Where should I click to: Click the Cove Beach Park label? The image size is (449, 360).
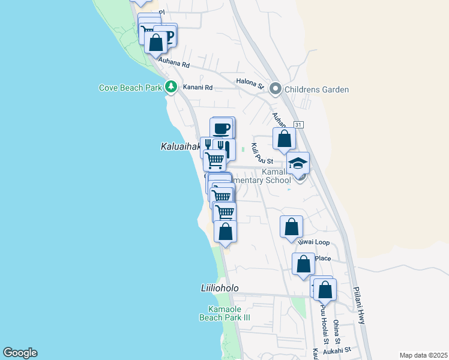point(130,88)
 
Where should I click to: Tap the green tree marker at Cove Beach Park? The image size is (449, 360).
point(171,88)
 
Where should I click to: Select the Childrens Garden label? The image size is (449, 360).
point(317,90)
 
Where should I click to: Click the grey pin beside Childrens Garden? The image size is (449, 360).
point(276,89)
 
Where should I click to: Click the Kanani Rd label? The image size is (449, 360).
point(198,88)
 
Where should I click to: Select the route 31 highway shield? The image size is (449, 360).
point(298,124)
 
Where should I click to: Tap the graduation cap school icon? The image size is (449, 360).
point(298,163)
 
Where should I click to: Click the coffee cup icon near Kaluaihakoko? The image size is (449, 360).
point(221,128)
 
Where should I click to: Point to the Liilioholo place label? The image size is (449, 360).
point(220,288)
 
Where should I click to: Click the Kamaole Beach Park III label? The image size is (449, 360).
point(224,313)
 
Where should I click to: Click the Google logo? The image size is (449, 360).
point(20,353)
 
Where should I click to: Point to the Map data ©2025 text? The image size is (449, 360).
point(423,355)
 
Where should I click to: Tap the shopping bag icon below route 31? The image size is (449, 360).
point(284,139)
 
